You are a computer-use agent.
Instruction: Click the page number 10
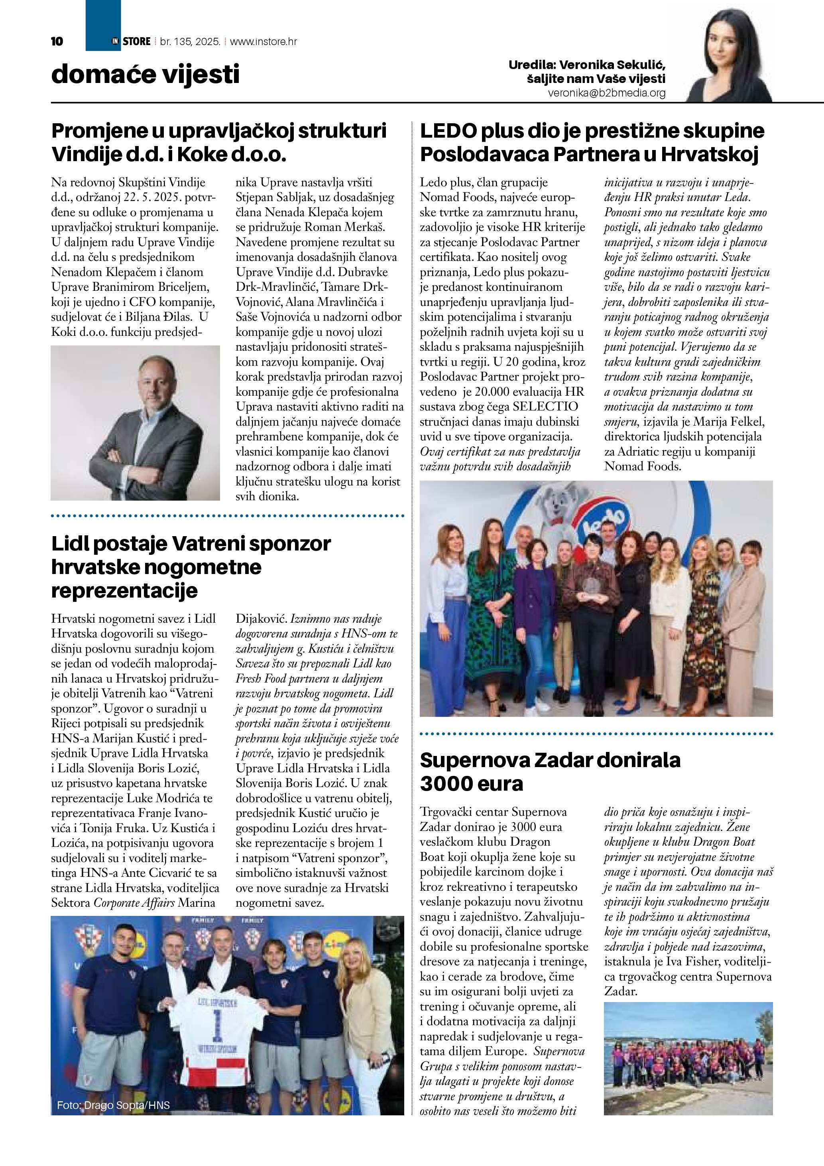(x=57, y=41)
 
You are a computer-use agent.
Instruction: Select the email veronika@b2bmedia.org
(x=606, y=93)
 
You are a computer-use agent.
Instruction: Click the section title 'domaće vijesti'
(x=145, y=74)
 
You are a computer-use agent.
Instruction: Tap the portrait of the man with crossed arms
(x=135, y=422)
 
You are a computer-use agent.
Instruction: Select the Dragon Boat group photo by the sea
(x=688, y=1058)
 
